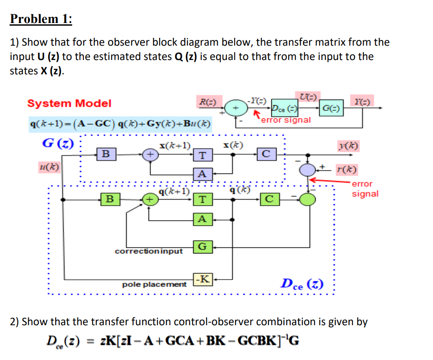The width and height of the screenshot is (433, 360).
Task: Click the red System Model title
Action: [69, 103]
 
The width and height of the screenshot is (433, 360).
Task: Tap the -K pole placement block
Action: [203, 279]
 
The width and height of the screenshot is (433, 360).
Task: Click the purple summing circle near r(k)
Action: [309, 170]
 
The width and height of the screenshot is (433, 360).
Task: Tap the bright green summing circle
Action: [309, 199]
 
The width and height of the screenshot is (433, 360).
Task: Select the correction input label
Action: [149, 251]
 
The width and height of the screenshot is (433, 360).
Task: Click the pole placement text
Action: [154, 284]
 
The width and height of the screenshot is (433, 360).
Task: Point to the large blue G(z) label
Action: [57, 143]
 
